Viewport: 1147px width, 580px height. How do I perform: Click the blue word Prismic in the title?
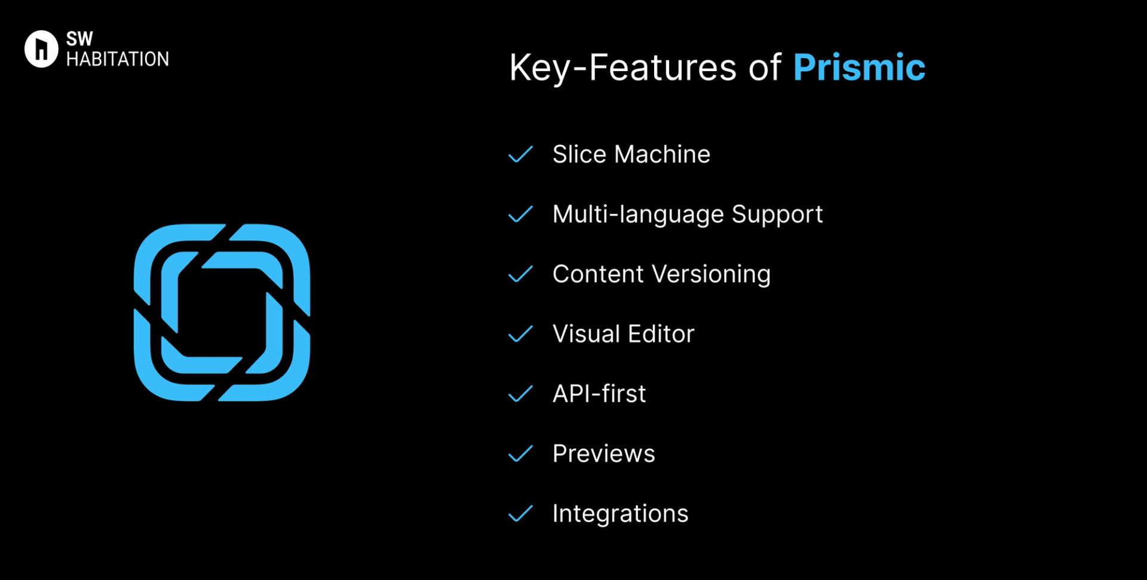tap(859, 67)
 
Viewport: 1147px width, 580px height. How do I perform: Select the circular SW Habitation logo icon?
tap(41, 49)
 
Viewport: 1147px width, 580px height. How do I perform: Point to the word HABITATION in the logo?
tap(118, 59)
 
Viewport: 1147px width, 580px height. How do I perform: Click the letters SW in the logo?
tap(79, 39)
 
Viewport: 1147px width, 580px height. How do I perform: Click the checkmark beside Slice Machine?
tap(520, 154)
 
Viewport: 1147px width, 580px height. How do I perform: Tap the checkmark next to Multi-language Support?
tap(520, 214)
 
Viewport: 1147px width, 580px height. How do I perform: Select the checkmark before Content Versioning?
tap(520, 274)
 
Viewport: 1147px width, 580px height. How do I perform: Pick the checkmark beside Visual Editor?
tap(520, 334)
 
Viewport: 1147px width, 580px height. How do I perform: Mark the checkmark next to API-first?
tap(520, 394)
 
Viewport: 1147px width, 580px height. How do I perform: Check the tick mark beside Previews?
tap(520, 453)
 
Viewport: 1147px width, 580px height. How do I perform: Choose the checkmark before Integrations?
tap(520, 514)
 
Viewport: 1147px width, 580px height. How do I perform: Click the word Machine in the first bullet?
tap(663, 154)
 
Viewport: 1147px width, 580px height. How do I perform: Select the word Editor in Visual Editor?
tap(661, 334)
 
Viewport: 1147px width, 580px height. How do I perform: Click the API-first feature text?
tap(599, 394)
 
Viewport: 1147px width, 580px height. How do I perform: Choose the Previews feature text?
tap(604, 453)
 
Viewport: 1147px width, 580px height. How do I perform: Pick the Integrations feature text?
tap(621, 514)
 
